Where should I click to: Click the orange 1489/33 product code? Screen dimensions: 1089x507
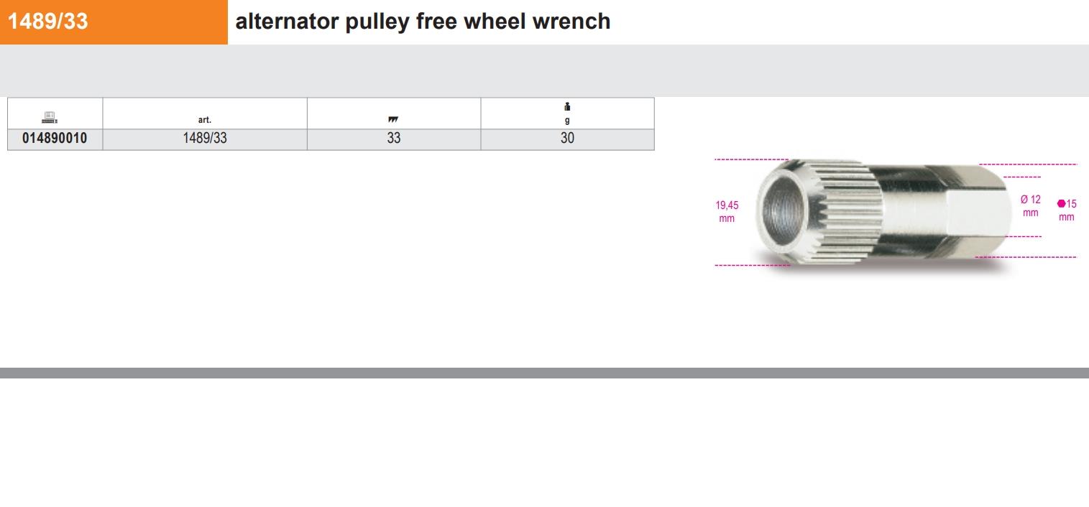[47, 22]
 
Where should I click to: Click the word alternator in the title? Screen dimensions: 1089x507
[287, 22]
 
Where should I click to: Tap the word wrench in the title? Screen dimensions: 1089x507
[571, 22]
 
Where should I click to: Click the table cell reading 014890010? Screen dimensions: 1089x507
[55, 139]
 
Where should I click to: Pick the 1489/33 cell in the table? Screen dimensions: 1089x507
[205, 139]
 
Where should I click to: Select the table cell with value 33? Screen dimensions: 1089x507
[394, 139]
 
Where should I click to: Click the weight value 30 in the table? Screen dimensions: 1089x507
[567, 139]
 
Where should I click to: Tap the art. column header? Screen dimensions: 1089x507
[205, 119]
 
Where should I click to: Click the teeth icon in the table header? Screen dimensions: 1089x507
[392, 119]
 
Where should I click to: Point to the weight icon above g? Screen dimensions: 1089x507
[567, 106]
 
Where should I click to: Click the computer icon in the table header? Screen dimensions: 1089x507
[50, 117]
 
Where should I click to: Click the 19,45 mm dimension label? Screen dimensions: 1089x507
[727, 212]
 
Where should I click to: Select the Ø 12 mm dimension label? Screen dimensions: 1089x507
[1030, 206]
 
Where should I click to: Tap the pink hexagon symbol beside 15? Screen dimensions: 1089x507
[1061, 203]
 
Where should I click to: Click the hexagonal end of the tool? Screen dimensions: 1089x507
[977, 211]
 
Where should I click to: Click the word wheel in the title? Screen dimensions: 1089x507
[495, 22]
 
